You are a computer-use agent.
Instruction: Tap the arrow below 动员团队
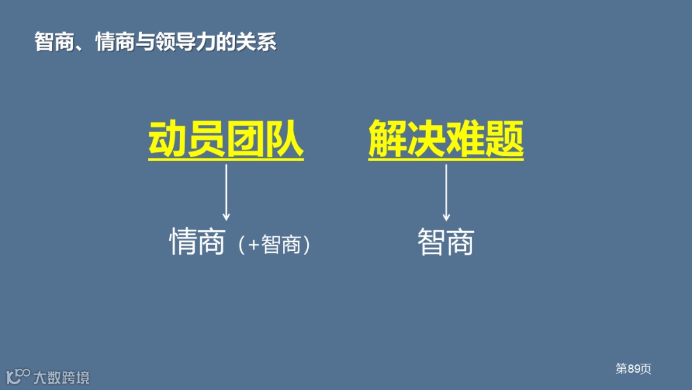coord(226,192)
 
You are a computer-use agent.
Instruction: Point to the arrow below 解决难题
coord(446,192)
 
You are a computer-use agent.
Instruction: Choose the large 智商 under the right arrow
coord(446,242)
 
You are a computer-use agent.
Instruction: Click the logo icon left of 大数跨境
coord(17,376)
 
